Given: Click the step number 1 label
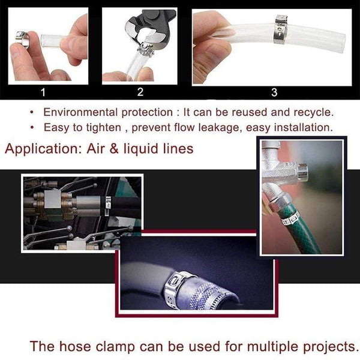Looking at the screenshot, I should coord(42,92).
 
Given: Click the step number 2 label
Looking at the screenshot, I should coord(140,92).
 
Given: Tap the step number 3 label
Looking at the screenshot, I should coord(274,92).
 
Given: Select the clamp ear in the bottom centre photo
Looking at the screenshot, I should coord(180,277).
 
